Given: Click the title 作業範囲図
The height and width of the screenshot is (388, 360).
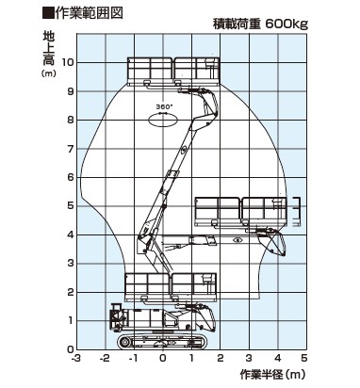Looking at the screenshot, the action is click(x=89, y=13).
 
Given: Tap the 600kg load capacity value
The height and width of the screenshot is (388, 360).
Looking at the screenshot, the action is click(x=286, y=24).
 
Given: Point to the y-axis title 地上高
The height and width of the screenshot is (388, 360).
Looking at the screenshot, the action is click(x=49, y=48).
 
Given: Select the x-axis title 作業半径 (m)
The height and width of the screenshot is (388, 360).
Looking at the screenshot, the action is click(x=272, y=374).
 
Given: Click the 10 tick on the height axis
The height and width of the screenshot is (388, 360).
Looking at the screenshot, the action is click(x=68, y=62).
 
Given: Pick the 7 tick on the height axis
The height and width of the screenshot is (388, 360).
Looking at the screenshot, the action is click(x=71, y=149).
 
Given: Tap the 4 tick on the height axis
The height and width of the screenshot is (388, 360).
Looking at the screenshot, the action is click(x=71, y=234).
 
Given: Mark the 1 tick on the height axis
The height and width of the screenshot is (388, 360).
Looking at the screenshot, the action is click(x=71, y=320).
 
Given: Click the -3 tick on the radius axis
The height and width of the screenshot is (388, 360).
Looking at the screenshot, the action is click(x=75, y=358).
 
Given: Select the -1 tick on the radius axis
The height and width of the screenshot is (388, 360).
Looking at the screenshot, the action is click(x=133, y=358).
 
